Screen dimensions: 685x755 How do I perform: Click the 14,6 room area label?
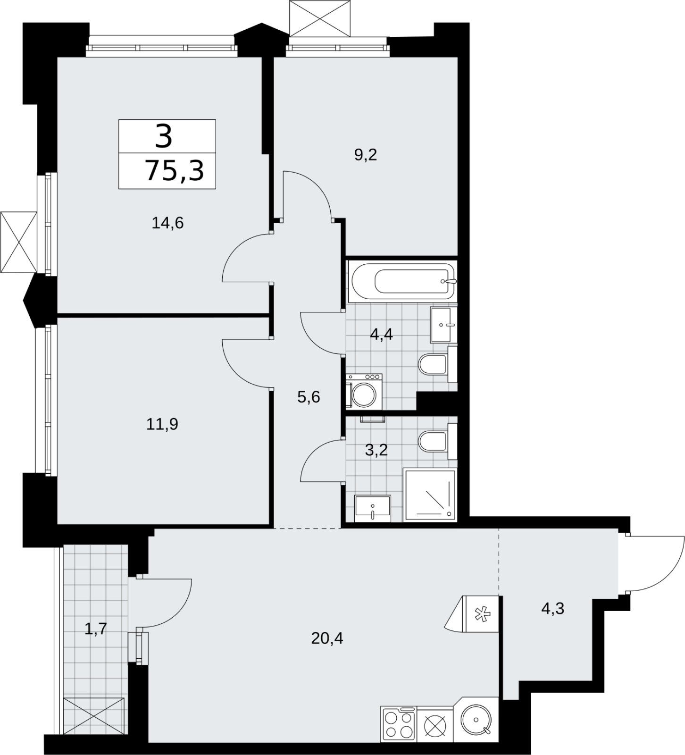click(167, 222)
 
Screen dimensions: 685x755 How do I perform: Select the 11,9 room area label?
click(162, 425)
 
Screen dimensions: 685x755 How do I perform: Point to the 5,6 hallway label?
click(309, 397)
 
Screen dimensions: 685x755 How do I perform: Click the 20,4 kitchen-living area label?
click(327, 638)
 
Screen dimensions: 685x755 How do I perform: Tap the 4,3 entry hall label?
click(552, 609)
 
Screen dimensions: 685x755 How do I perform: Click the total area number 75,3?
click(175, 170)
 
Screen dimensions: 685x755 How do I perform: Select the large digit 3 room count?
click(163, 136)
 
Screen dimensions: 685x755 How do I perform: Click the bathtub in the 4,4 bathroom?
click(401, 281)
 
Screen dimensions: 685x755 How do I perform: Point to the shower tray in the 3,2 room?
click(430, 495)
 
